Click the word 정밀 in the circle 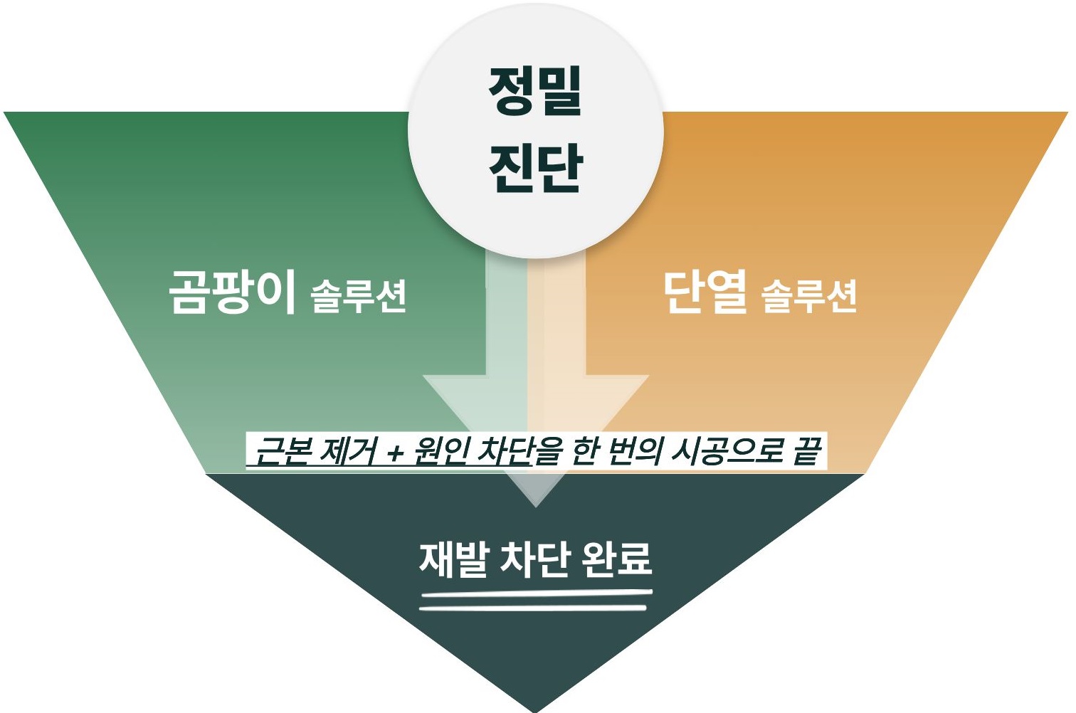tap(535, 90)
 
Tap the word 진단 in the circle tap(535, 167)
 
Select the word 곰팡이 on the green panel tap(232, 292)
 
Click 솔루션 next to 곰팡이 tap(359, 296)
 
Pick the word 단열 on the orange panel tap(705, 292)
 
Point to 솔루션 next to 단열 tap(809, 296)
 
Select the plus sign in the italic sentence tap(396, 453)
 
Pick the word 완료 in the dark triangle tap(616, 559)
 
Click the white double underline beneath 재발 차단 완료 tap(535, 600)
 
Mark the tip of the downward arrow tap(536, 506)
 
